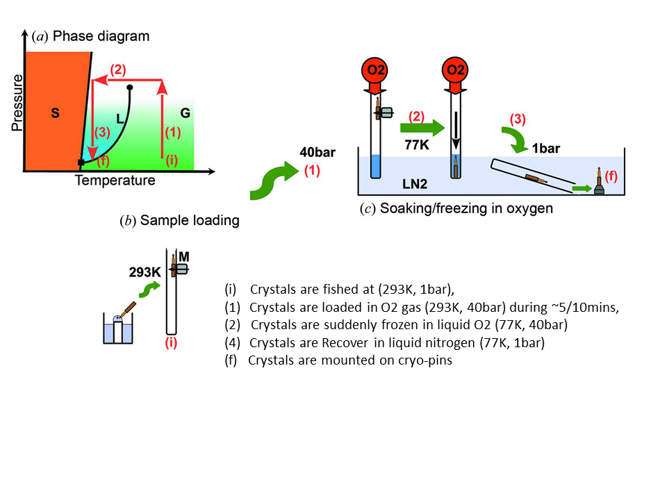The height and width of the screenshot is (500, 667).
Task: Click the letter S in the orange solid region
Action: [55, 113]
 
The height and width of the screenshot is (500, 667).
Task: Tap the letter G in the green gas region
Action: [185, 113]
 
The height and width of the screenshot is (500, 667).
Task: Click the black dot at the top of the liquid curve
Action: [130, 87]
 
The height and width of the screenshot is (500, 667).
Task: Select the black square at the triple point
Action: [81, 162]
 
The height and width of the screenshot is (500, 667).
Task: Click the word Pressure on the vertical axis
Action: [17, 103]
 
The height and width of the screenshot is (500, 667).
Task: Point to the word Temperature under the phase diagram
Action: [115, 181]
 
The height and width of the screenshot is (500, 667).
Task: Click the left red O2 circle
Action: [375, 69]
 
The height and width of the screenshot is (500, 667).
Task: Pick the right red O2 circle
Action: [455, 69]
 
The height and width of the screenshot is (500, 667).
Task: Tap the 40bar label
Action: [318, 152]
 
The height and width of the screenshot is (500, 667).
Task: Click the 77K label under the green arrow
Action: [417, 145]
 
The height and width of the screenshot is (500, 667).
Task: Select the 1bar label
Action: [546, 149]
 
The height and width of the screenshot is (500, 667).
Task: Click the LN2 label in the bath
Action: [415, 184]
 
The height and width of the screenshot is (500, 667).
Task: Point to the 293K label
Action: [145, 272]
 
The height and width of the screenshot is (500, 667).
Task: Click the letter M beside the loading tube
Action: [183, 257]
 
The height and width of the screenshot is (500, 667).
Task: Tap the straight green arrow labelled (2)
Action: [422, 127]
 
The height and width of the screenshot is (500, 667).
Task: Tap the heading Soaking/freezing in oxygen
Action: [466, 208]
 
